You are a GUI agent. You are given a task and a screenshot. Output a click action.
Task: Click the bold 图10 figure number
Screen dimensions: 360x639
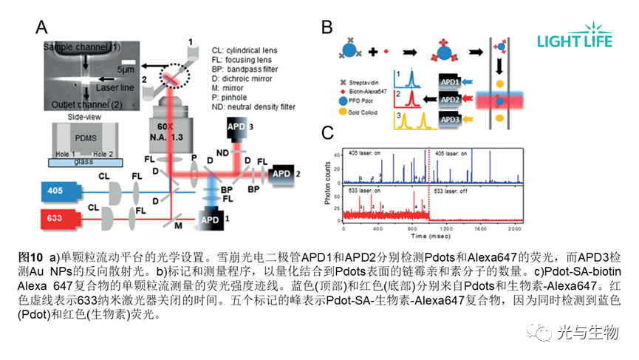pos(27,257)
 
